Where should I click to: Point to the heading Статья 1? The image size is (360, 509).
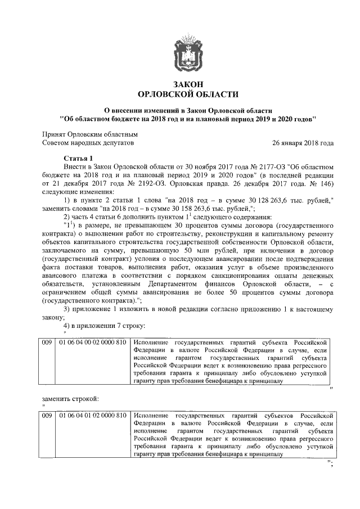coord(82,158)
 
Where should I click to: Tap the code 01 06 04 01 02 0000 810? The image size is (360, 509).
coord(92,415)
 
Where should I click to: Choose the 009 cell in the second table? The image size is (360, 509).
coord(47,415)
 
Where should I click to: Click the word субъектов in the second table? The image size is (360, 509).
coord(271,415)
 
